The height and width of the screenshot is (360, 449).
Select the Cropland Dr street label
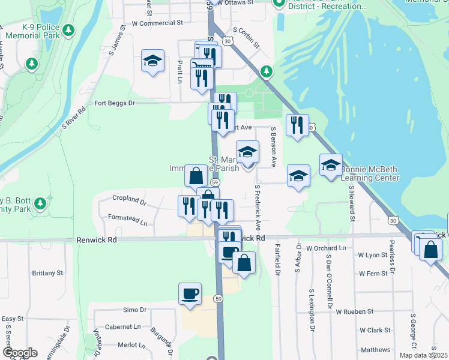click(129, 199)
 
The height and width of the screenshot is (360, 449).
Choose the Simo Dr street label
click(134, 310)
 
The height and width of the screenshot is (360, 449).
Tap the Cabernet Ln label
click(122, 327)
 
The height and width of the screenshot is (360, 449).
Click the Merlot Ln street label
click(128, 345)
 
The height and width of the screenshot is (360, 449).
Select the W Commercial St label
click(157, 23)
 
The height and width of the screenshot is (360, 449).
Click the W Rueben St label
click(354, 312)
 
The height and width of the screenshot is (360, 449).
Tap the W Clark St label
click(375, 330)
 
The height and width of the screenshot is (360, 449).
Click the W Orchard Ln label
click(326, 248)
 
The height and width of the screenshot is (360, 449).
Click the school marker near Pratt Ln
click(153, 60)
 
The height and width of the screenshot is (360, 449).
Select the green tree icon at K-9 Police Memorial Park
click(69, 29)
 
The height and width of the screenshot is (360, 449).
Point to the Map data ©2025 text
click(423, 355)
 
